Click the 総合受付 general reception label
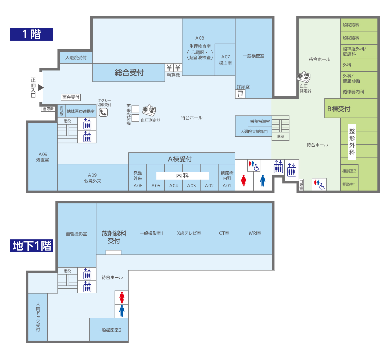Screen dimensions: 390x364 129,73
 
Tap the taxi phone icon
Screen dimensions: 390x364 103,112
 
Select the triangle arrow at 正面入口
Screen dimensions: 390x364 41,87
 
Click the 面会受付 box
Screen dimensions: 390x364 71,97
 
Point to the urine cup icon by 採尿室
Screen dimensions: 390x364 240,94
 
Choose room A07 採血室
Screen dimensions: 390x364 225,60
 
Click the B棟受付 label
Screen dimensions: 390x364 339,109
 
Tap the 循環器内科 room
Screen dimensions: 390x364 359,92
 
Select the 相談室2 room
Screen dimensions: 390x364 349,171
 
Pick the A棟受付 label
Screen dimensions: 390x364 180,159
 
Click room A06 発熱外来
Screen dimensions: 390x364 137,177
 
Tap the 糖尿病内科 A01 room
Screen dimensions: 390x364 227,177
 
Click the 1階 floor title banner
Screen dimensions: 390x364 31,34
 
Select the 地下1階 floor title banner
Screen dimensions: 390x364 31,246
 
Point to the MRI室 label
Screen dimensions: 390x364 255,233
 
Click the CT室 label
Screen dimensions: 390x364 224,233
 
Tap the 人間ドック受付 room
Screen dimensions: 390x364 38,317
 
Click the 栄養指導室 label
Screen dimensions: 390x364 260,121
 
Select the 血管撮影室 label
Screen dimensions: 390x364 76,234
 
